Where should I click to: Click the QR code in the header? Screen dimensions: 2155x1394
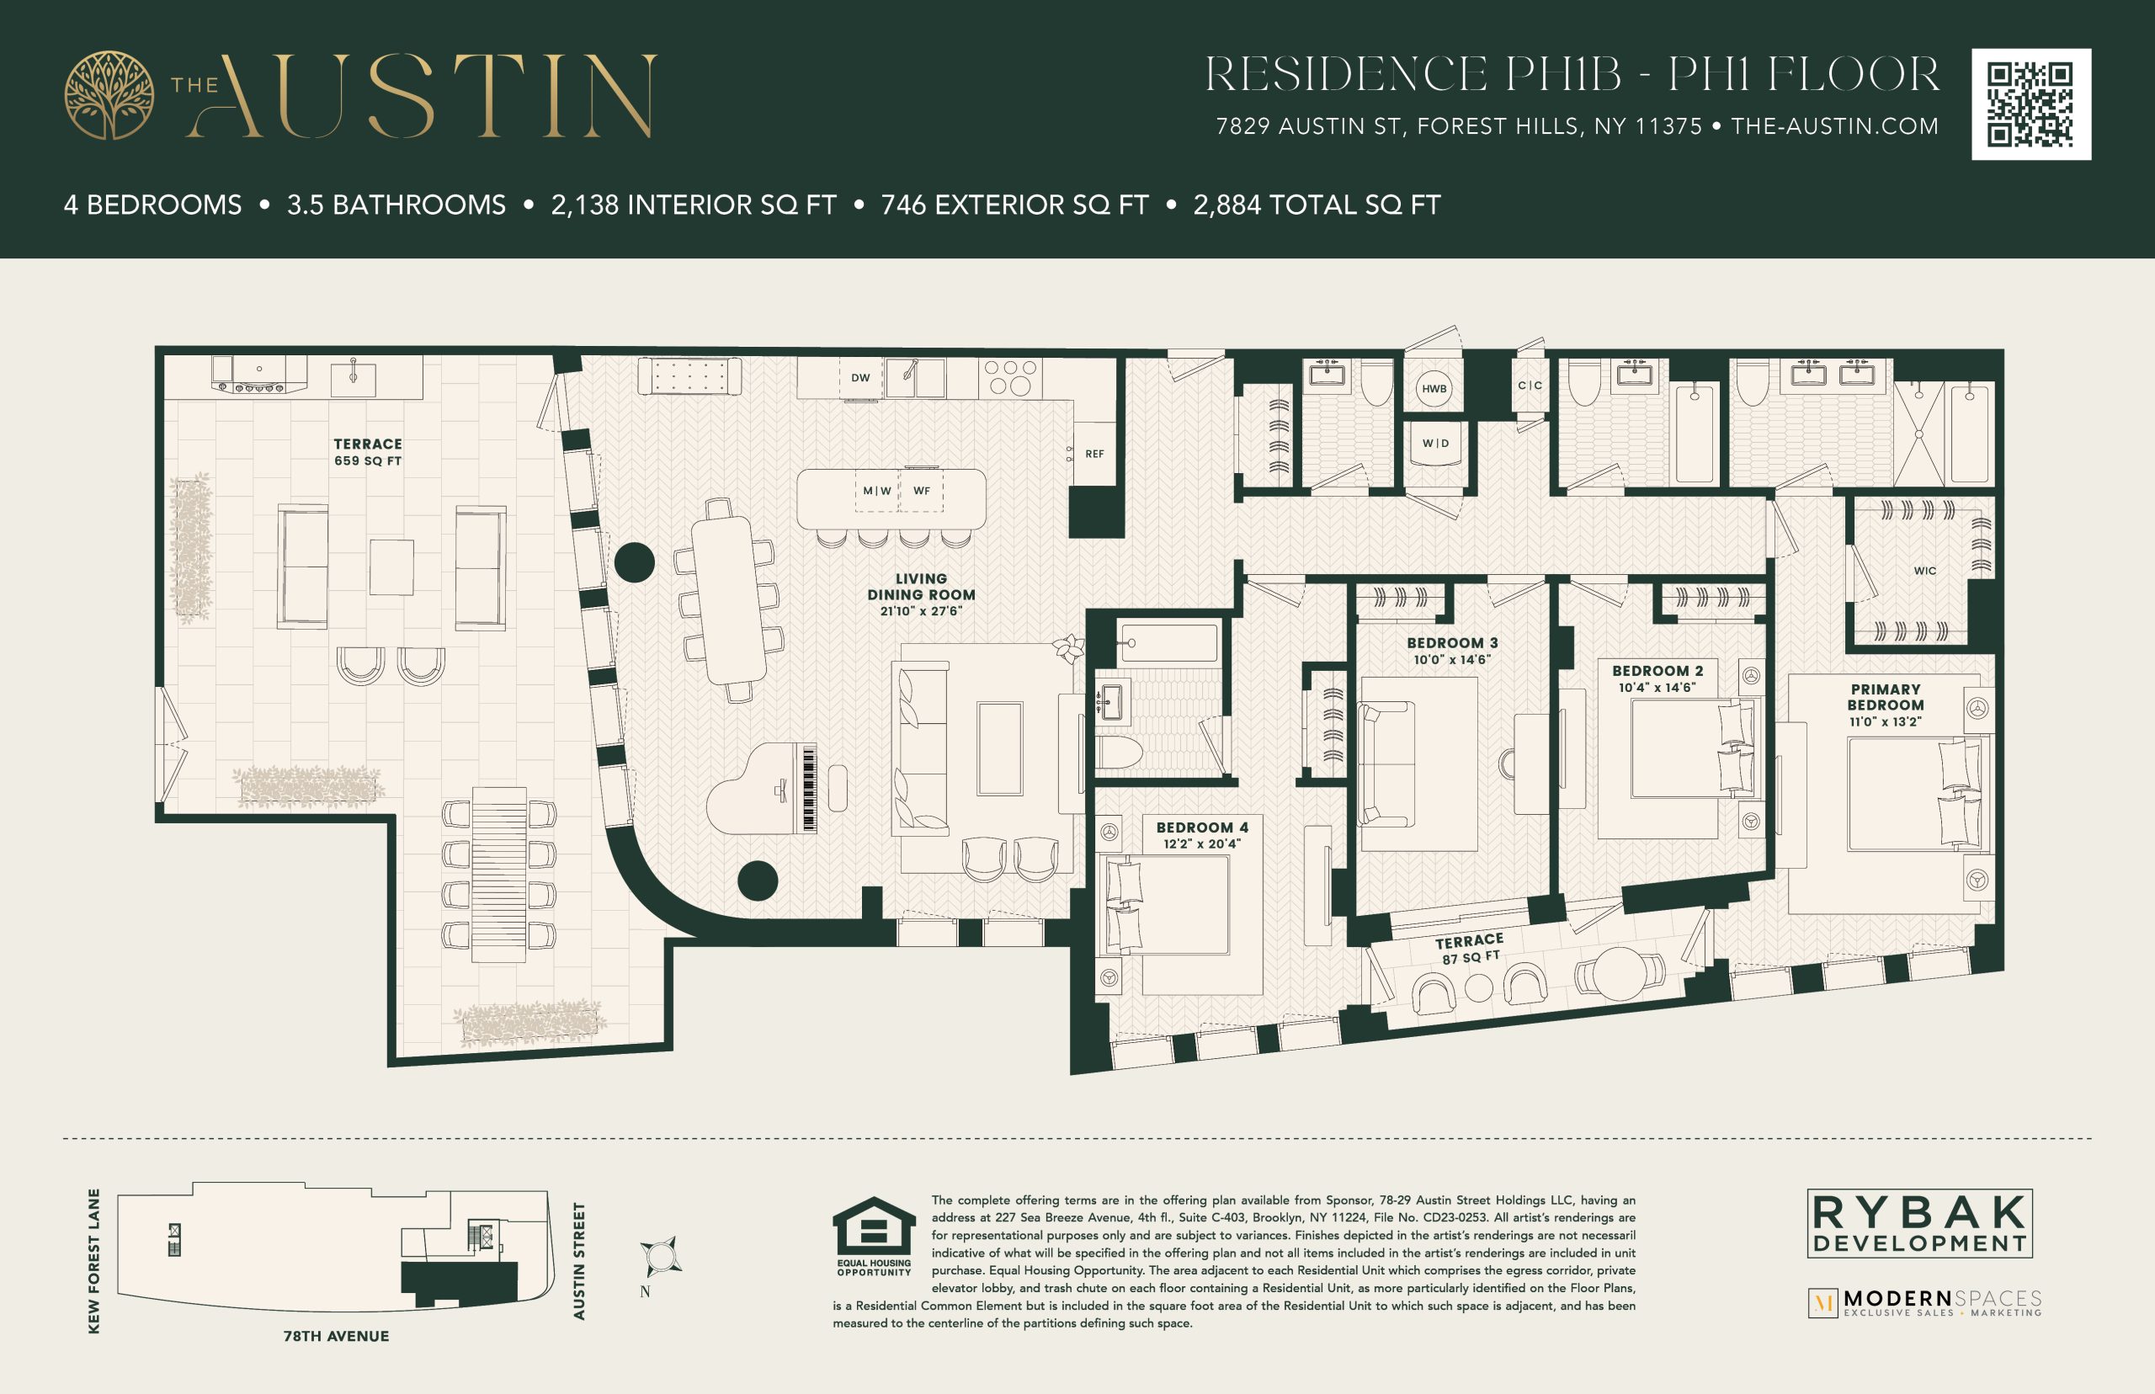2031,104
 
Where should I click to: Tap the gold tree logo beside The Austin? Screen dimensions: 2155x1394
109,95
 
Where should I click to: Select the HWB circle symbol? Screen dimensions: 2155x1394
1434,388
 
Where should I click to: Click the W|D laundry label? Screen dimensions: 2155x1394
1435,443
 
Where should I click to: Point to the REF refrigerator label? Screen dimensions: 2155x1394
1094,454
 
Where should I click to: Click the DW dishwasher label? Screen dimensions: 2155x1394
860,377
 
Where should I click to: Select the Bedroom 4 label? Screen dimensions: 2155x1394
1202,827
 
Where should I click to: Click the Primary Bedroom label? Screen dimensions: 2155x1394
1886,697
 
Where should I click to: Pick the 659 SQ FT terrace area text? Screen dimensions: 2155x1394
368,460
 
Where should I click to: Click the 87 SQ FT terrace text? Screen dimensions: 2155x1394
1471,957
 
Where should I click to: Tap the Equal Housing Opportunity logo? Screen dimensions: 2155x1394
874,1237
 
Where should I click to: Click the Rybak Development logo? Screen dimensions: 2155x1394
1919,1223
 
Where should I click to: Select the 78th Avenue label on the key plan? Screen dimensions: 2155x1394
336,1336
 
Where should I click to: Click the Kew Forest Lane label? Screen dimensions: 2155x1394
94,1261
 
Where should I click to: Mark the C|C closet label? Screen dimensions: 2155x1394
1530,385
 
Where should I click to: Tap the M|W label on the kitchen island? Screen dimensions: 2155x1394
877,491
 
